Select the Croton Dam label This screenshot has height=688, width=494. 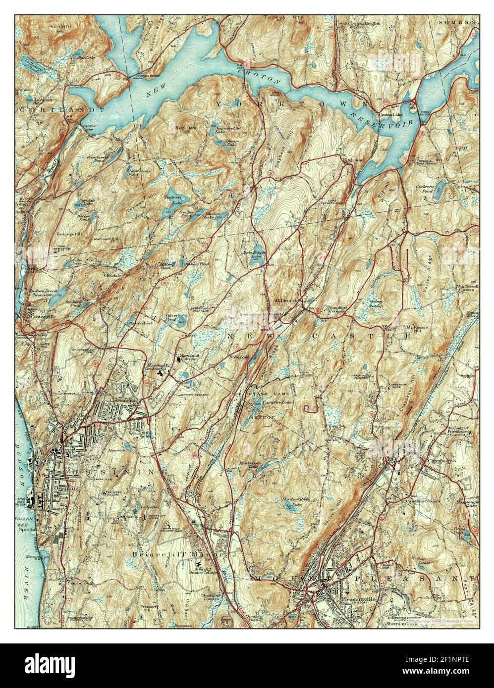click(x=89, y=127)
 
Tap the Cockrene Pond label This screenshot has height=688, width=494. click(x=425, y=188)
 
